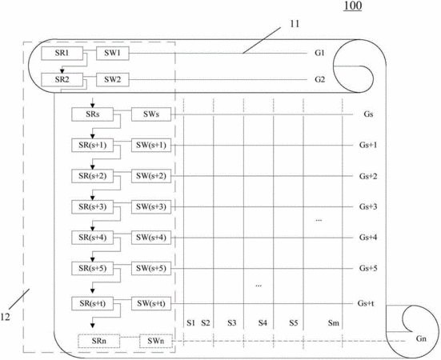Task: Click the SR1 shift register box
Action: (x=62, y=53)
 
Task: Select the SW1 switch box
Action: (x=113, y=53)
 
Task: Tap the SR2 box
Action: (x=62, y=80)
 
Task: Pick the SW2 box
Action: (x=113, y=80)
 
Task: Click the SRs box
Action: (x=93, y=114)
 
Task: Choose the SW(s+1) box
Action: (x=151, y=146)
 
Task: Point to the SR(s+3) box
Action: (x=93, y=207)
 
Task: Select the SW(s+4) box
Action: (x=151, y=238)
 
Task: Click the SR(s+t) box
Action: (x=93, y=303)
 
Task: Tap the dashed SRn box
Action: (x=99, y=341)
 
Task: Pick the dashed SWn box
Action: (x=156, y=341)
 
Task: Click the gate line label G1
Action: (x=319, y=53)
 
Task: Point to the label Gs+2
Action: (x=368, y=176)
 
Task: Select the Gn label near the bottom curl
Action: (x=421, y=338)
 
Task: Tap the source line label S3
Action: (x=232, y=323)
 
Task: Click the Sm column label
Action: (x=334, y=323)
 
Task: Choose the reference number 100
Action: (x=353, y=6)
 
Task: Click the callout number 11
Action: (x=295, y=24)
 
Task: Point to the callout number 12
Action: (x=5, y=317)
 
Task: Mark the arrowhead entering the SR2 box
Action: (x=62, y=71)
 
